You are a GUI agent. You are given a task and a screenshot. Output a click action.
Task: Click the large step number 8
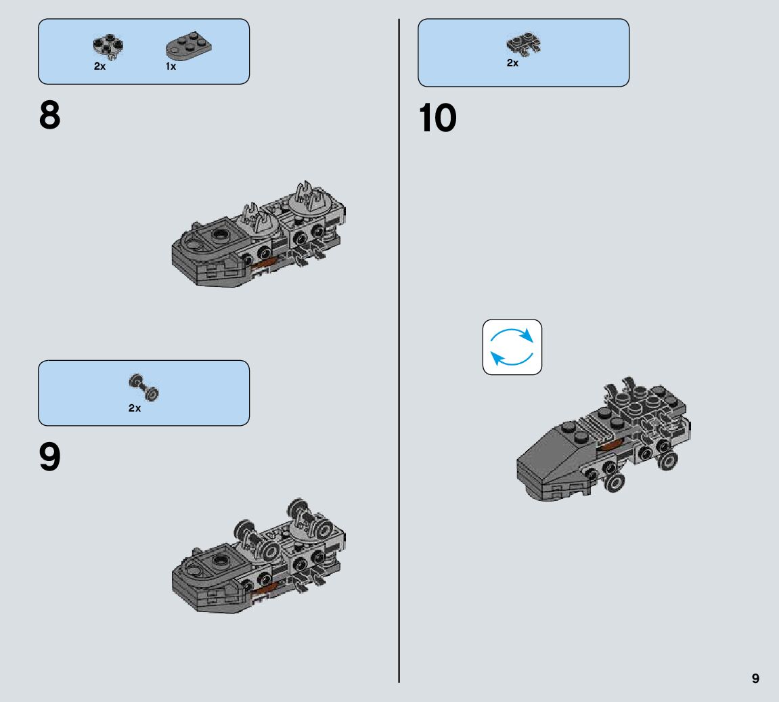pyautogui.click(x=50, y=116)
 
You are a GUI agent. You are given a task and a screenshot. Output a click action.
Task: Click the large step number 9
pyautogui.click(x=50, y=458)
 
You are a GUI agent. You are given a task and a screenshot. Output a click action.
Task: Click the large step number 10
pyautogui.click(x=438, y=118)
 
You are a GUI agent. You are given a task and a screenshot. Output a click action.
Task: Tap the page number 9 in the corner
pyautogui.click(x=755, y=678)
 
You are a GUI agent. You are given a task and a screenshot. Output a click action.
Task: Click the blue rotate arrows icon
pyautogui.click(x=512, y=347)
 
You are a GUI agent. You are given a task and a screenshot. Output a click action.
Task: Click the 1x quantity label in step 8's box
pyautogui.click(x=171, y=67)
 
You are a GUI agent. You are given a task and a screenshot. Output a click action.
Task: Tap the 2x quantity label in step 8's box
pyautogui.click(x=99, y=67)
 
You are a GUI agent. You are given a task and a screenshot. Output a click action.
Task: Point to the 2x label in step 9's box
pyautogui.click(x=135, y=408)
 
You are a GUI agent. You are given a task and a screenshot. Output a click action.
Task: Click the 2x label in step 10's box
pyautogui.click(x=512, y=64)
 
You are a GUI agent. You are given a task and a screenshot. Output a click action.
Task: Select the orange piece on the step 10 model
pyautogui.click(x=610, y=444)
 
